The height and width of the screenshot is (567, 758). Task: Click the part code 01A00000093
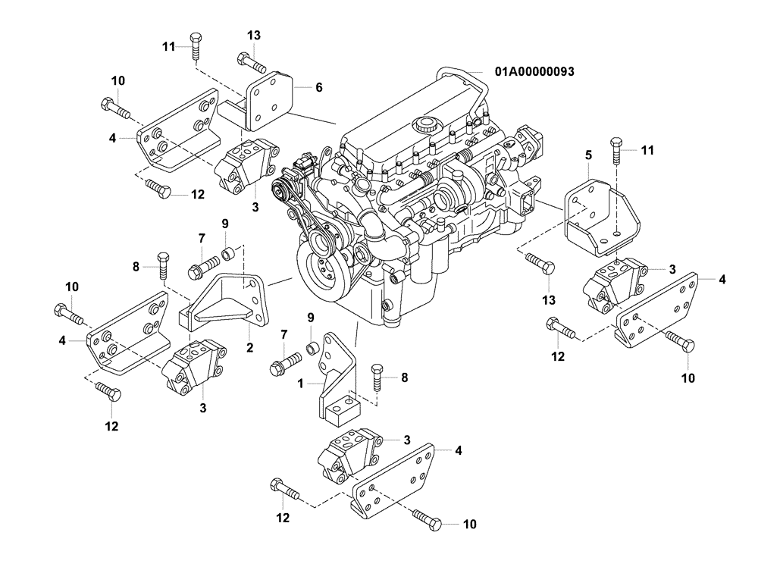534,72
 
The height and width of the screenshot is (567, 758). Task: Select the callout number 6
319,88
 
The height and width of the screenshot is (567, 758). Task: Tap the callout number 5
587,155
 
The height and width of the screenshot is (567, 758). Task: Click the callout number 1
301,384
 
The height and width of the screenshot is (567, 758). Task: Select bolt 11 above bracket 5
615,151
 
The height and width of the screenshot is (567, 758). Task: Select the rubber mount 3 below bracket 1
345,454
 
